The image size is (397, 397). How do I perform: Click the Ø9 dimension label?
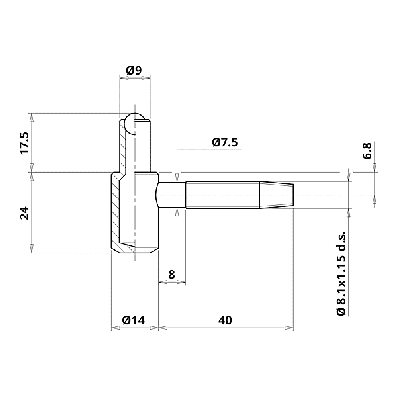click(x=134, y=71)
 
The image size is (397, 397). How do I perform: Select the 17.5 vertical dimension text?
click(x=24, y=144)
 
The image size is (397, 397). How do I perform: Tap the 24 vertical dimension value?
click(x=24, y=212)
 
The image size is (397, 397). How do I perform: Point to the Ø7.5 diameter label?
click(x=225, y=142)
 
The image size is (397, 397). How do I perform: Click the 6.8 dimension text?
click(x=367, y=150)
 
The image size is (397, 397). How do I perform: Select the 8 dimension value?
click(x=171, y=273)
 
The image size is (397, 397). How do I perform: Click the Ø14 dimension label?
click(x=134, y=320)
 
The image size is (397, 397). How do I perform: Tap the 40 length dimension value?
click(x=224, y=320)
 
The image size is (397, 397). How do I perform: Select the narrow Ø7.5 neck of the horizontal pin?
click(x=171, y=195)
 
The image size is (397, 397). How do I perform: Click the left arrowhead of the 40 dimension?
click(x=162, y=327)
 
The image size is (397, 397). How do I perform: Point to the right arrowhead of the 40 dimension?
click(x=289, y=327)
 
